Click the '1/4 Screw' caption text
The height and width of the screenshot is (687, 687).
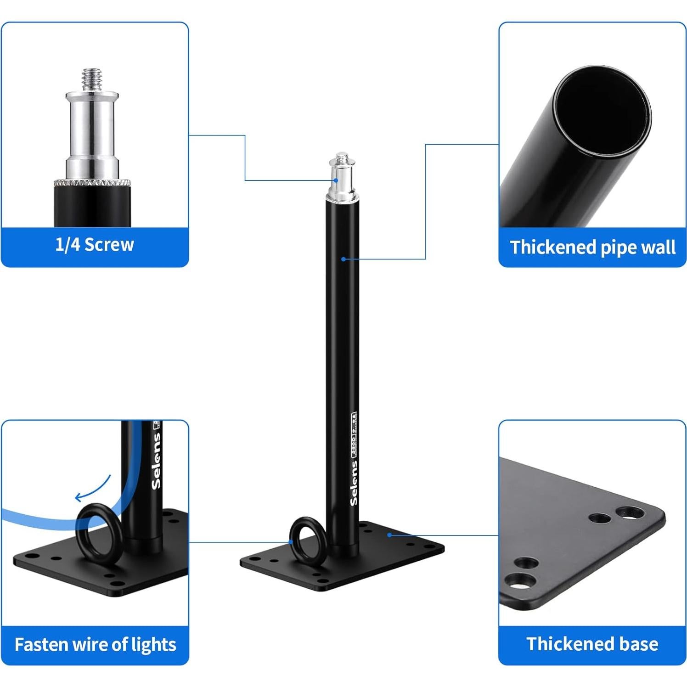[x=95, y=245]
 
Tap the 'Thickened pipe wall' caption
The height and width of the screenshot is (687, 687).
[x=592, y=247]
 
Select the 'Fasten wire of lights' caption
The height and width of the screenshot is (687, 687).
[x=95, y=644]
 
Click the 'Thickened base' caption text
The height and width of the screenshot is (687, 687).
[x=592, y=644]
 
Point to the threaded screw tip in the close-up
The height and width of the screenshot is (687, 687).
[x=92, y=79]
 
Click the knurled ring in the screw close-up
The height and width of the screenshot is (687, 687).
[x=92, y=182]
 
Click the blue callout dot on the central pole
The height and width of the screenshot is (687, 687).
[x=343, y=259]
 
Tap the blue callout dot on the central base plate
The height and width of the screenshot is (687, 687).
[x=389, y=535]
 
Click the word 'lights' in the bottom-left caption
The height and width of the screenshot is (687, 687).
[x=153, y=644]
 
